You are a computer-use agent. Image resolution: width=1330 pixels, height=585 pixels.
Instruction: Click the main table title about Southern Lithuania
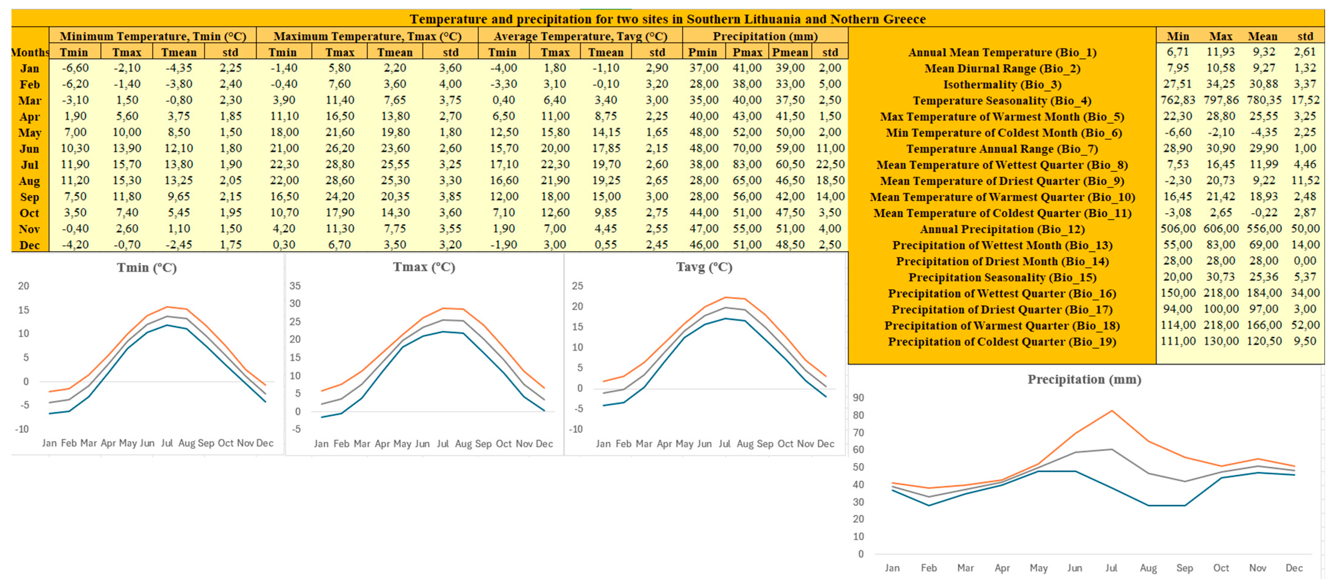tap(667, 19)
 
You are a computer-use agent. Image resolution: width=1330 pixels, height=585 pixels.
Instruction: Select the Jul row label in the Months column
tap(30, 165)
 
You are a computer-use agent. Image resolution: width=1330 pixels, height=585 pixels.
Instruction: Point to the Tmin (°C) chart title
tap(147, 267)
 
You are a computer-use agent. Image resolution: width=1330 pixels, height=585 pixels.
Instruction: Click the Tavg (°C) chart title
tap(704, 267)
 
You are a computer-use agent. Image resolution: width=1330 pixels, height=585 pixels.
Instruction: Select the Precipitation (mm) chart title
tap(1084, 380)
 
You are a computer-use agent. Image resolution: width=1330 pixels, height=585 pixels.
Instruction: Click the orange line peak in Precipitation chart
tap(1112, 411)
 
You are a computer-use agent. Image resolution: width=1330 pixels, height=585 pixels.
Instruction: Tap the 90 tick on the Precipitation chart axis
tap(858, 398)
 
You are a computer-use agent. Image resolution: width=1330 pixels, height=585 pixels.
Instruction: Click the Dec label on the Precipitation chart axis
tap(1294, 568)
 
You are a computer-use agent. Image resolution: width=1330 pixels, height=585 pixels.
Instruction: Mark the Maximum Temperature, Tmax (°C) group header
tap(367, 36)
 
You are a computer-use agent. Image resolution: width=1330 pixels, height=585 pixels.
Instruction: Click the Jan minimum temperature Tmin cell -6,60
tap(75, 68)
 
